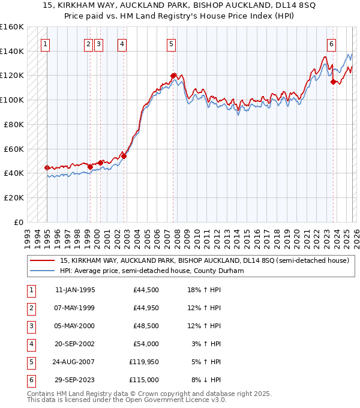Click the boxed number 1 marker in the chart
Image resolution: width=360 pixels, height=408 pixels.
46,43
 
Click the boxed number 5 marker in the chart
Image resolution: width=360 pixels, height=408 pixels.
172,43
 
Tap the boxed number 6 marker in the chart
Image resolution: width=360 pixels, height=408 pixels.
331,43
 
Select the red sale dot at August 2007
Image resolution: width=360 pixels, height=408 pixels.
173,76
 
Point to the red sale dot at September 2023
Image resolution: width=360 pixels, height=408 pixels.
333,82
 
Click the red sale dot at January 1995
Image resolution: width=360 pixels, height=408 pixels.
47,168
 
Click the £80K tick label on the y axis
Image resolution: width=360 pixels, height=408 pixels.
12,124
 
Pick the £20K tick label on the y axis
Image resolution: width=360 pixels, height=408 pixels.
12,197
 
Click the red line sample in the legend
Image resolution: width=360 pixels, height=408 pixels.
42,260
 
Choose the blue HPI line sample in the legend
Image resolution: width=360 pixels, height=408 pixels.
42,271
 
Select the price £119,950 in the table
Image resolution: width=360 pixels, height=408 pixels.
145,362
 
